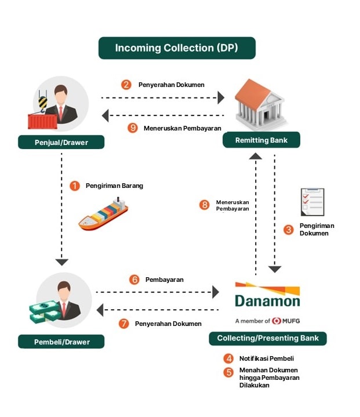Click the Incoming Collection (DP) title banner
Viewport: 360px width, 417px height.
tap(177, 48)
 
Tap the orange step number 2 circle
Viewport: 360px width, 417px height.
tap(126, 85)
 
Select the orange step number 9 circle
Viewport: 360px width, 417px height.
tap(132, 128)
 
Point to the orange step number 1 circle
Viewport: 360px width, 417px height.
tap(75, 186)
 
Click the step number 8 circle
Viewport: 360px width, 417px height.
tap(204, 205)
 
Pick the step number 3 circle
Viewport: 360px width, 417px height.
tap(289, 230)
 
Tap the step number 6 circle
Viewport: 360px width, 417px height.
tap(134, 280)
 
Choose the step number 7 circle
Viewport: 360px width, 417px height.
tap(124, 324)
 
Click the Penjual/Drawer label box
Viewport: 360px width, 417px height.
tap(61, 142)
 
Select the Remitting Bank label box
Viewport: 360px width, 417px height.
tap(261, 140)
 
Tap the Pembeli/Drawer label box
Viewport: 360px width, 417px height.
tap(61, 342)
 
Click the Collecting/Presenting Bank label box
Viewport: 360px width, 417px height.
tap(268, 338)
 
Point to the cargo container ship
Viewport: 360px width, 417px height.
tap(103, 214)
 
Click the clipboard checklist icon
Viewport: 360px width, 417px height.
tap(312, 202)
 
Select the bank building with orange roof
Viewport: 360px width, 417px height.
tap(260, 104)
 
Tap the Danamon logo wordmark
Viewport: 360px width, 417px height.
tap(267, 301)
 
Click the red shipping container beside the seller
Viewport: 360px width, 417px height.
tap(43, 121)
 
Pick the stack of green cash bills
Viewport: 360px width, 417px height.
tap(45, 312)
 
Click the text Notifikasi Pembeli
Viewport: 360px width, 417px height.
tap(267, 358)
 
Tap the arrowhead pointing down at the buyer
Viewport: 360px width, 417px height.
tap(62, 262)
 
